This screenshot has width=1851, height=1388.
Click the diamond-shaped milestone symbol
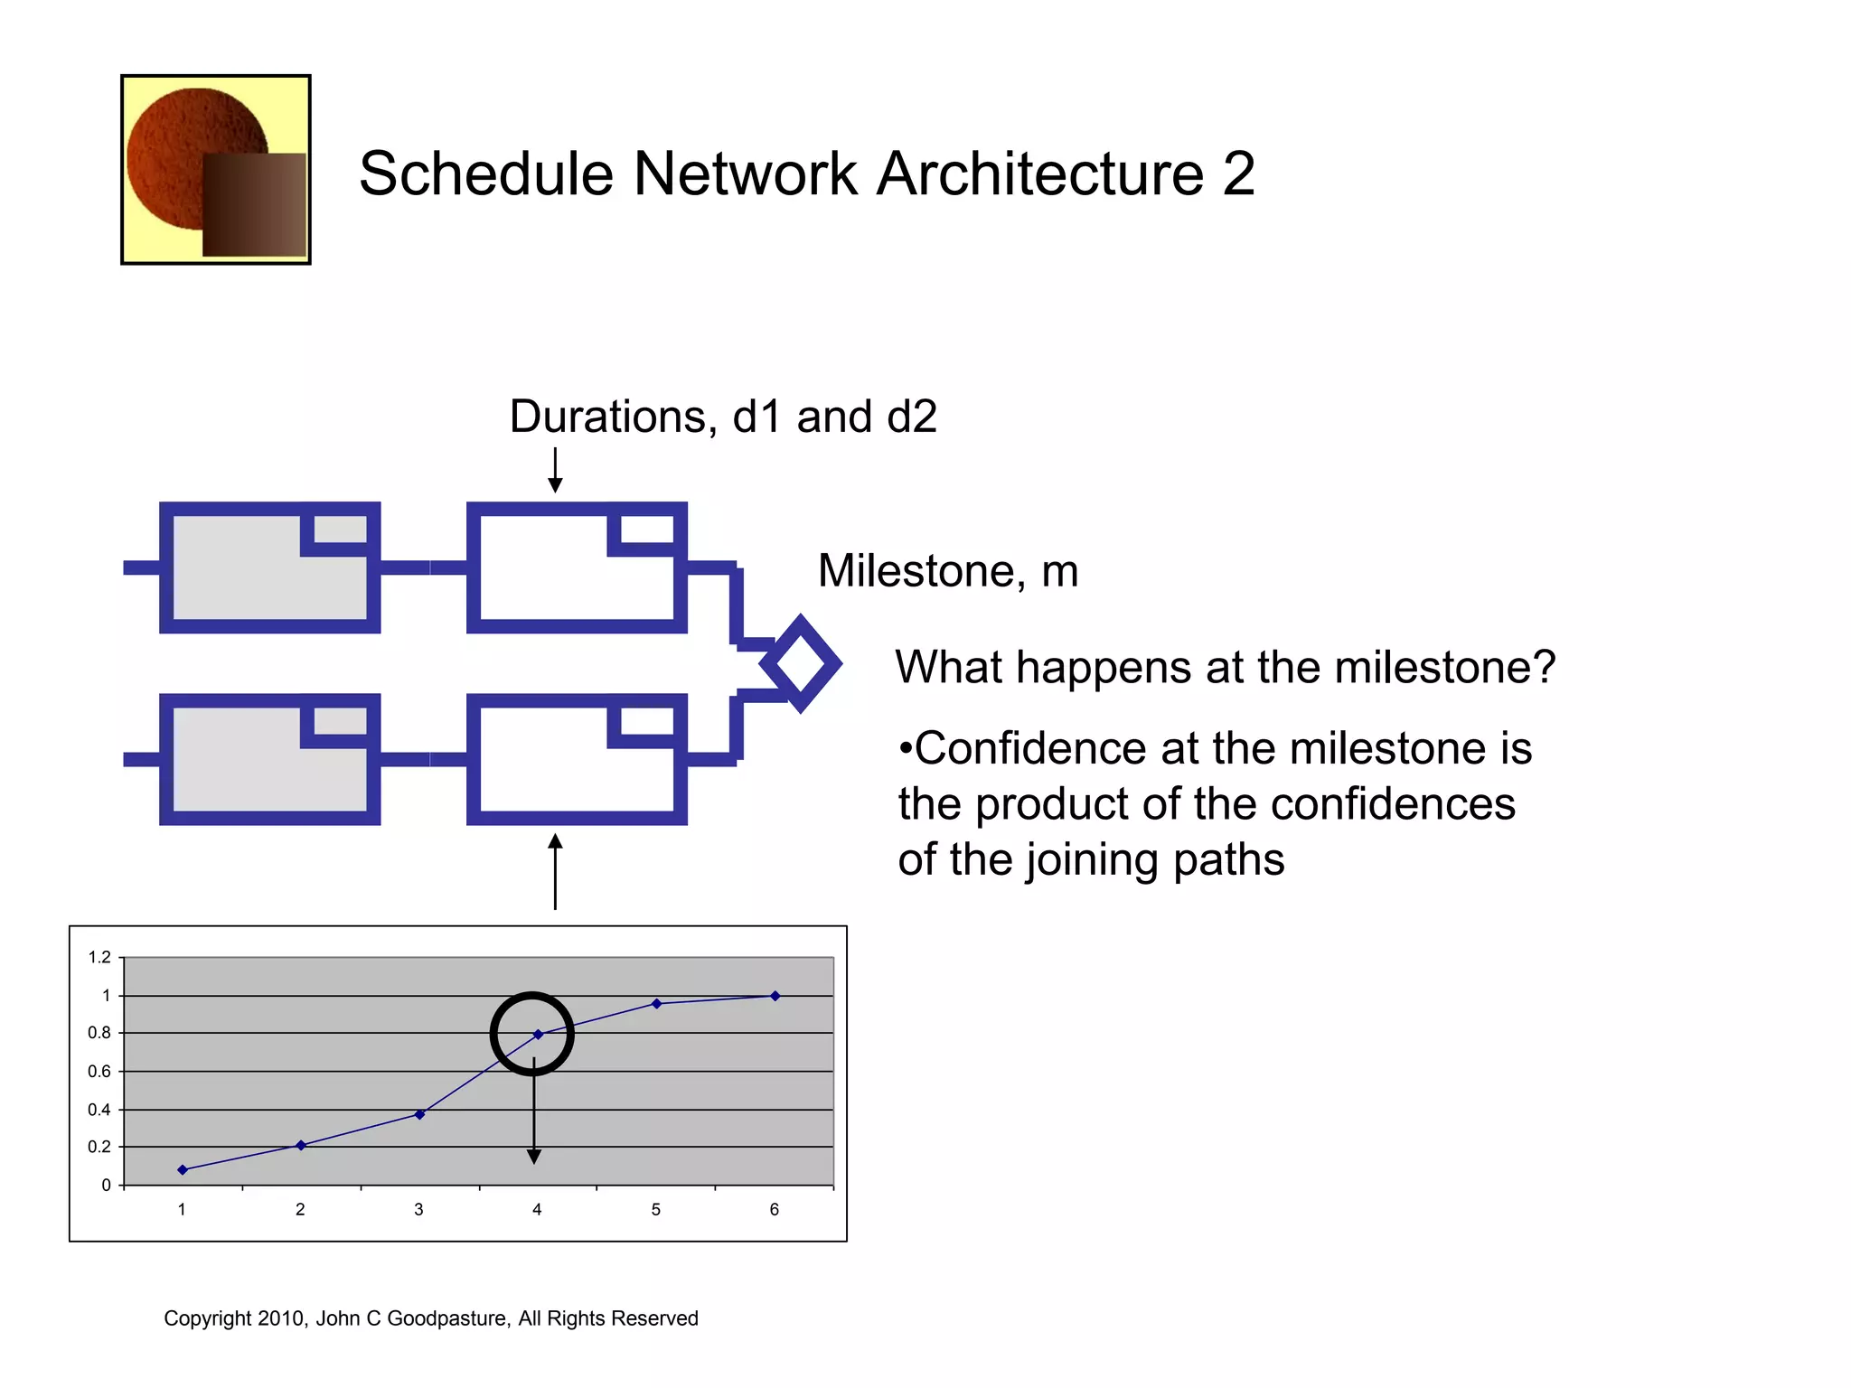pos(801,664)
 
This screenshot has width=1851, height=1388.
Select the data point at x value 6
pos(775,996)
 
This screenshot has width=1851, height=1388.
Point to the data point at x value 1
pos(183,1169)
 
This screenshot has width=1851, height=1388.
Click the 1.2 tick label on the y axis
pos(99,957)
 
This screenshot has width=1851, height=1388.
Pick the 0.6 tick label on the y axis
pos(99,1072)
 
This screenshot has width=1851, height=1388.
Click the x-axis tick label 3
pos(418,1209)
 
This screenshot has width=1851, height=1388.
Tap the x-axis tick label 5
pos(656,1209)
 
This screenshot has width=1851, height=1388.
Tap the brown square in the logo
pos(254,204)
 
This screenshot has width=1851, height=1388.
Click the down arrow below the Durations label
pos(555,471)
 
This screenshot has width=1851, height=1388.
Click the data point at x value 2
pos(301,1145)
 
